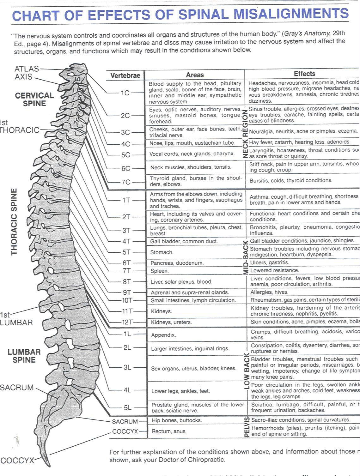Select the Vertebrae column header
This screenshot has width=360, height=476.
(x=125, y=75)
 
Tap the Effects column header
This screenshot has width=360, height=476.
(x=304, y=74)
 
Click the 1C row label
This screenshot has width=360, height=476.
(x=125, y=93)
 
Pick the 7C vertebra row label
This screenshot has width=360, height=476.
(x=126, y=182)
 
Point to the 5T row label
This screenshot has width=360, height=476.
(x=126, y=252)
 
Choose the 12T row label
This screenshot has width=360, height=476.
(x=127, y=322)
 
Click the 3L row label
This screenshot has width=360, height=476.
(x=127, y=367)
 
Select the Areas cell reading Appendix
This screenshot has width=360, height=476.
(x=163, y=335)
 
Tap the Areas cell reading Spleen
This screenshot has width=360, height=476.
(x=160, y=271)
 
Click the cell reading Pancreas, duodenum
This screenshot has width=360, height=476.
(x=177, y=263)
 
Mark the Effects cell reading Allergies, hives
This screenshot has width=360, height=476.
(x=269, y=292)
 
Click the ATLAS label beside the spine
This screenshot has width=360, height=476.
(x=27, y=69)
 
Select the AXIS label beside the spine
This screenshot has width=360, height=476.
(x=23, y=77)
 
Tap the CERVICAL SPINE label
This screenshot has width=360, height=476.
(x=34, y=99)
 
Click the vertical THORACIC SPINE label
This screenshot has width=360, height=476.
(x=14, y=221)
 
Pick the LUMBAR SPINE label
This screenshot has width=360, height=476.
(x=24, y=356)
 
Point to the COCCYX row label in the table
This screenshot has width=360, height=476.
(x=125, y=431)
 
